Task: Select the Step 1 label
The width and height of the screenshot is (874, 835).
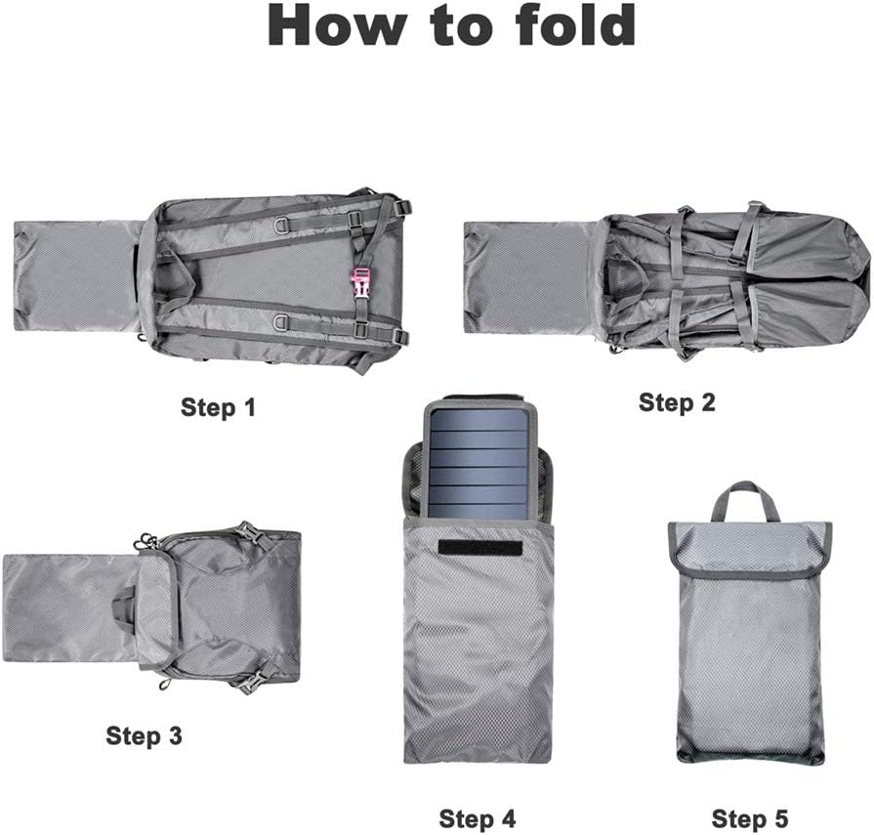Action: (218, 407)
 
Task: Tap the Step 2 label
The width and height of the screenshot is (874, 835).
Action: (677, 401)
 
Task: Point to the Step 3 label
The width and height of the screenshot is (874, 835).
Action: (144, 735)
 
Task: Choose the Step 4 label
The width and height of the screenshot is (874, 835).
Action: (477, 818)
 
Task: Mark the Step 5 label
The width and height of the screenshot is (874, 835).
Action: (750, 818)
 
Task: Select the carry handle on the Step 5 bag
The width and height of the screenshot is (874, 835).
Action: (745, 499)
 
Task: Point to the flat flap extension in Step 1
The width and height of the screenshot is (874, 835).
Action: (76, 275)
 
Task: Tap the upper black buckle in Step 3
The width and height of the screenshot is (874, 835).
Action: (249, 533)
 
